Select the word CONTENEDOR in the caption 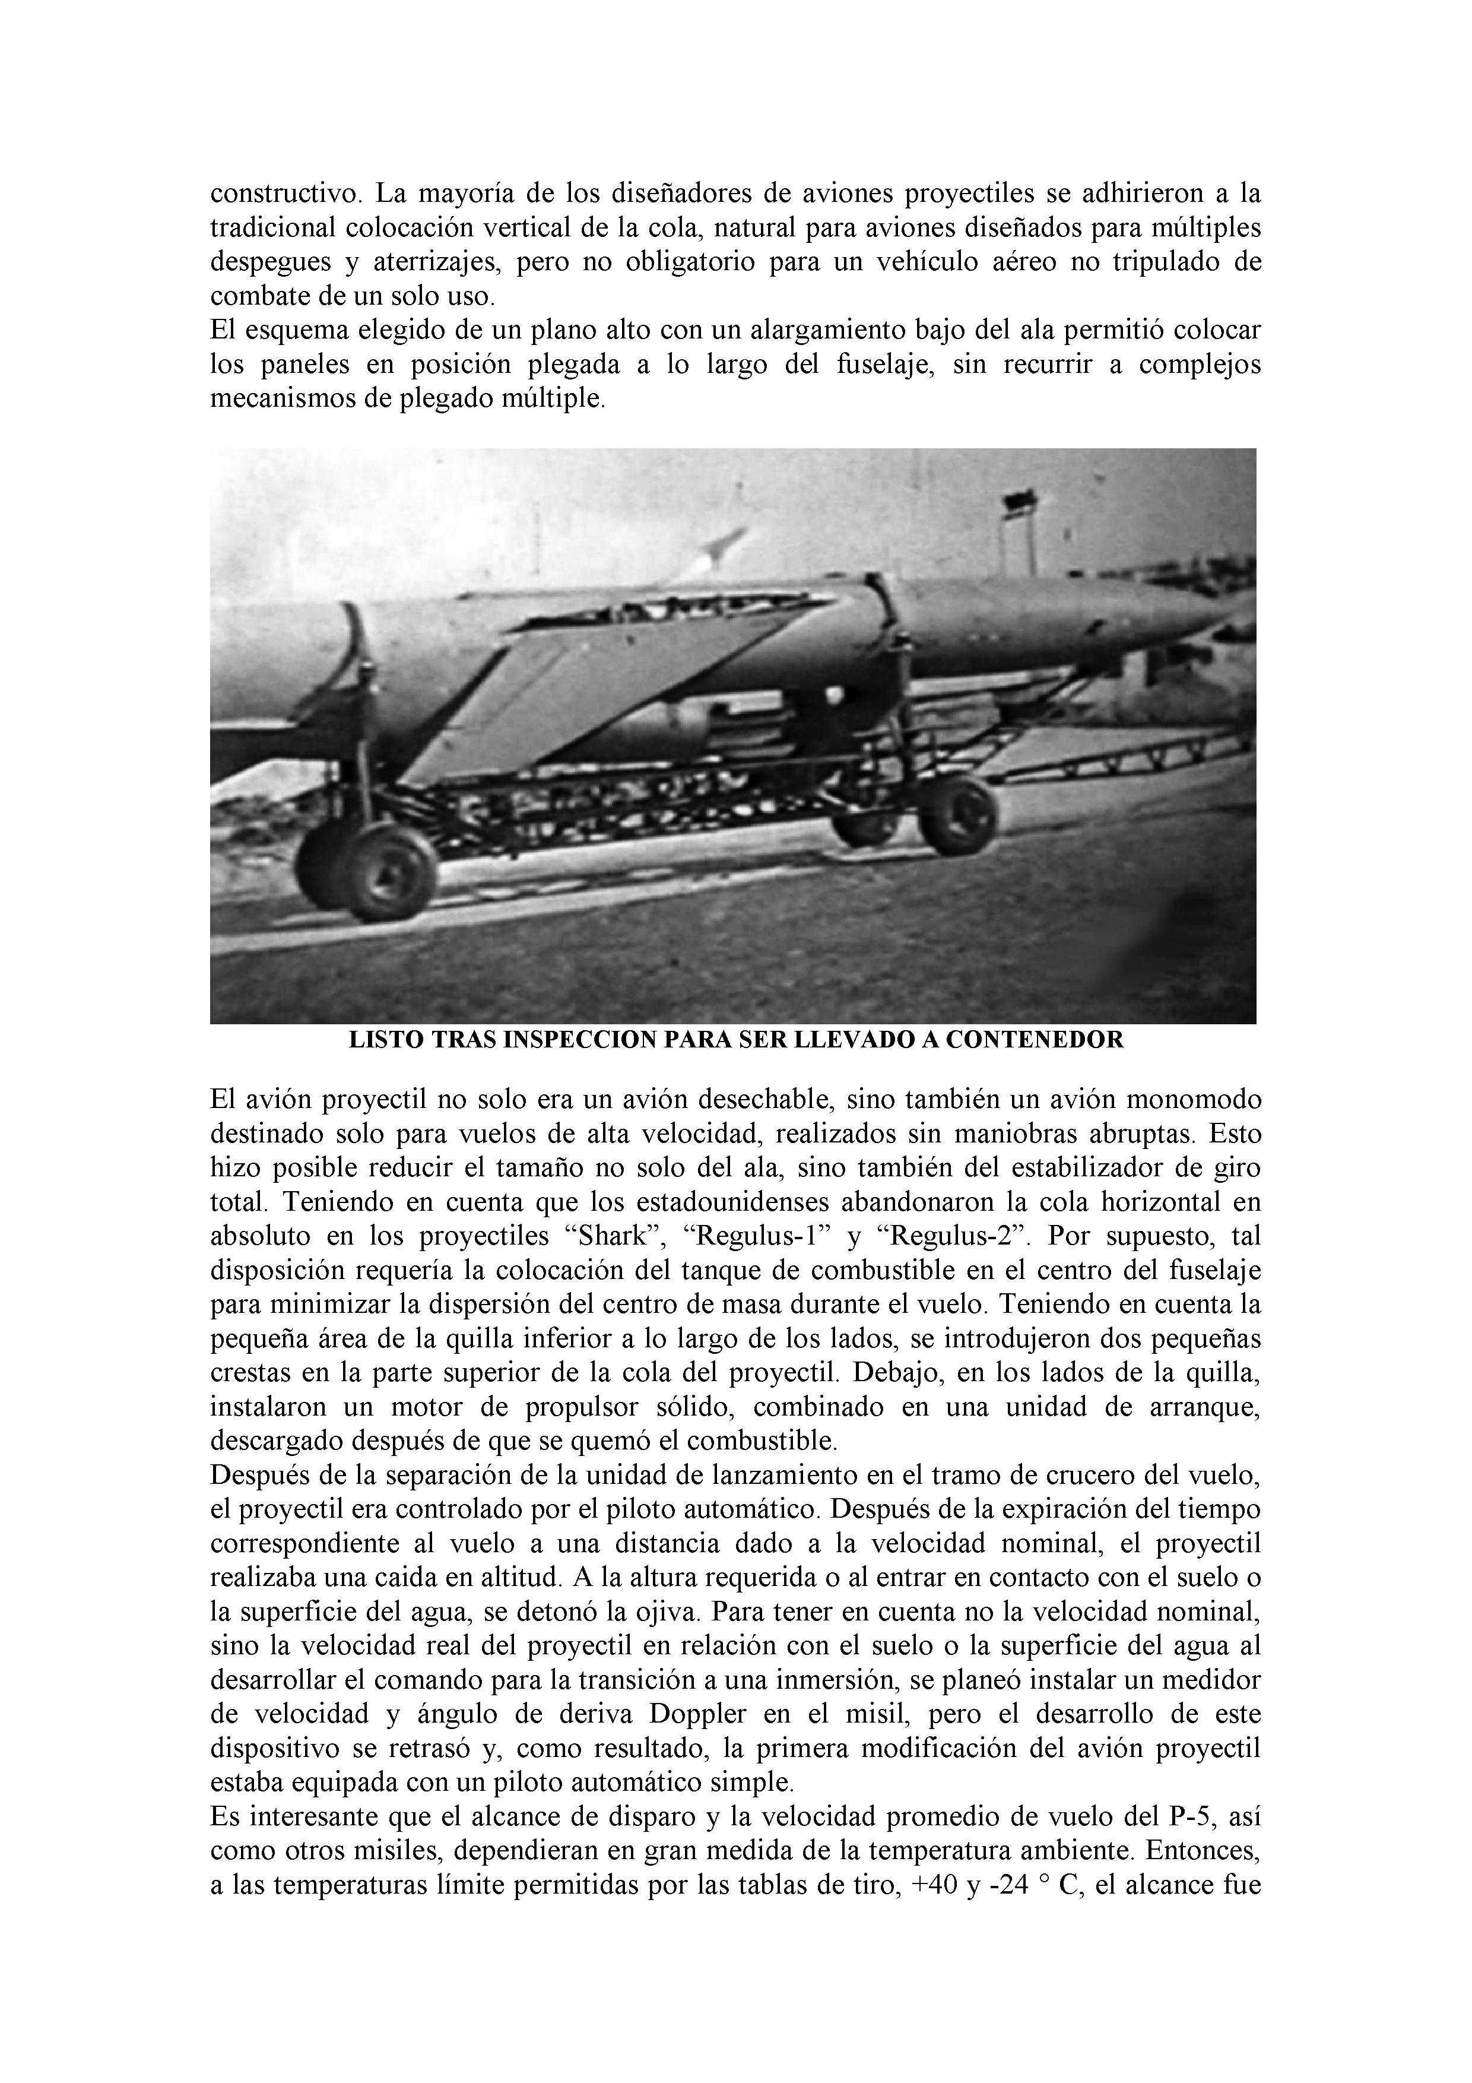click(1034, 1040)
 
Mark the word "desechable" click(763, 1100)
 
